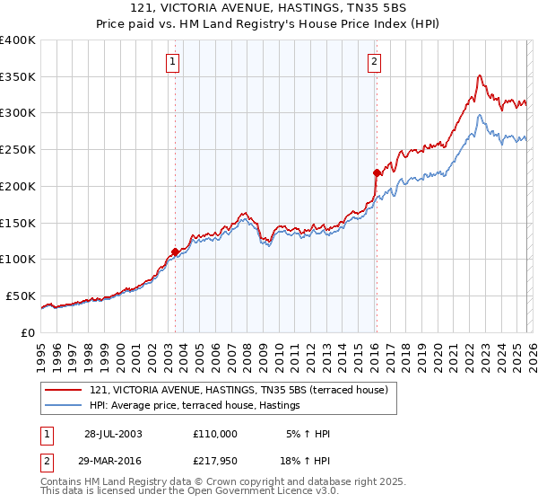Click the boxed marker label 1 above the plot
[171, 62]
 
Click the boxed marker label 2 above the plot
[373, 62]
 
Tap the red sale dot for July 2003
[176, 252]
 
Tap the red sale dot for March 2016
[376, 172]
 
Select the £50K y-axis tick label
[21, 296]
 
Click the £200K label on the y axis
[17, 186]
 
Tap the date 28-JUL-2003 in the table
[112, 434]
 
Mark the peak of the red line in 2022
[481, 75]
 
